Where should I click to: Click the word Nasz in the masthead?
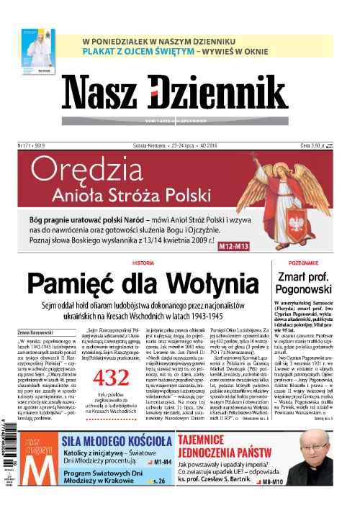coord(109,93)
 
